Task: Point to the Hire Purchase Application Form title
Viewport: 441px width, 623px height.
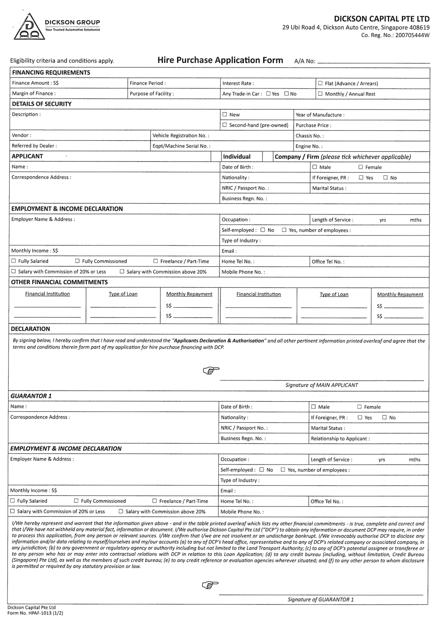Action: [x=220, y=60]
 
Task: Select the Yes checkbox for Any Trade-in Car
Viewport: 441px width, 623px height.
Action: [x=268, y=94]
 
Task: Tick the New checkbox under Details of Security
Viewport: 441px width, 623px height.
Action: [x=225, y=114]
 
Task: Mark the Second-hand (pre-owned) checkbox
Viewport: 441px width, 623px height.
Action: [x=225, y=125]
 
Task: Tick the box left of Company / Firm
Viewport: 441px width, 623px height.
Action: [x=268, y=157]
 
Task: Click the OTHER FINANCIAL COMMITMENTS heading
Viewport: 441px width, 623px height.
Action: [x=59, y=282]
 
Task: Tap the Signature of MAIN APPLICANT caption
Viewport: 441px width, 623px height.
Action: [x=321, y=385]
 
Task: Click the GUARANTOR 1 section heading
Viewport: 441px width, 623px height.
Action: [x=31, y=396]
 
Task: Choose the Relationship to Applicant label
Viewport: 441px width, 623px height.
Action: [x=340, y=438]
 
